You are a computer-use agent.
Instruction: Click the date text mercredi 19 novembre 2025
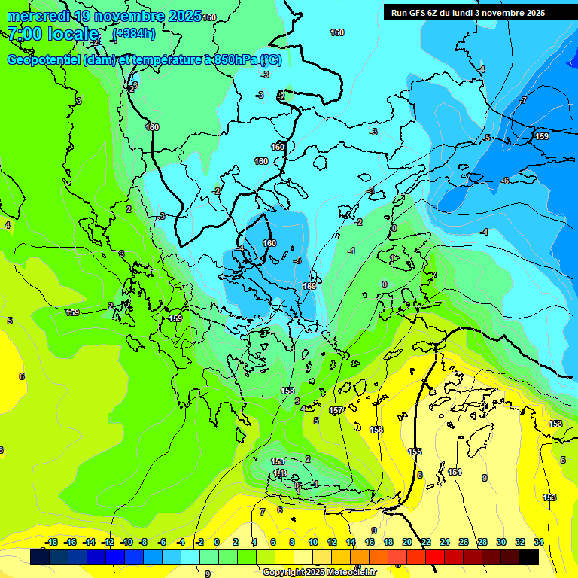point(104,16)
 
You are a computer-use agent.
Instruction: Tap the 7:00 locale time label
point(53,33)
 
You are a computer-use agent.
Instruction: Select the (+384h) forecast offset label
point(133,33)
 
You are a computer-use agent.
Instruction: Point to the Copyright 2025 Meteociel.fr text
point(319,572)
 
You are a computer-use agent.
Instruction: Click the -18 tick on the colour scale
point(51,542)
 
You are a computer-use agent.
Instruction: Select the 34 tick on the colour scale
point(539,542)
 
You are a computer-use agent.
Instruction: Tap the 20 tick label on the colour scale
point(407,542)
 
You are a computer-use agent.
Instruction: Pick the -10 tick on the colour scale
point(126,542)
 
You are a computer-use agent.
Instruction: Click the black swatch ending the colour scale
point(529,557)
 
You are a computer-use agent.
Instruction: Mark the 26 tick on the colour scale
point(464,542)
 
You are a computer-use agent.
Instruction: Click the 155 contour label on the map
point(415,452)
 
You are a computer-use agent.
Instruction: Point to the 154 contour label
point(455,472)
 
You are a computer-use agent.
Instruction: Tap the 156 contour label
point(376,430)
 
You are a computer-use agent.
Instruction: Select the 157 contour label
point(336,410)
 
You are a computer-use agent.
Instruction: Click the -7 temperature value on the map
point(523,100)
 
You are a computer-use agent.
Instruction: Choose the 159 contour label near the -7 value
point(542,136)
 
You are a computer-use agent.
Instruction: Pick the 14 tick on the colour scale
point(351,542)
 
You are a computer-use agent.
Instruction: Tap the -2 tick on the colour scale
point(199,542)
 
